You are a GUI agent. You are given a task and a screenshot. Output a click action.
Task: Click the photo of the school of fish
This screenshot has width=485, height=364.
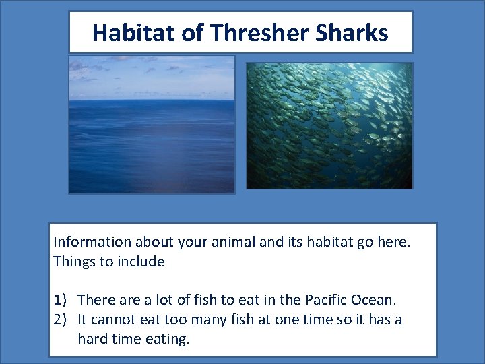[x=329, y=125]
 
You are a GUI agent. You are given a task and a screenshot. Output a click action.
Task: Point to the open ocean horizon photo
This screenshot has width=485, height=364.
[x=152, y=125]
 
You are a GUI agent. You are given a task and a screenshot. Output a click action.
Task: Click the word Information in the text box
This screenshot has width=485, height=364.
[x=92, y=241]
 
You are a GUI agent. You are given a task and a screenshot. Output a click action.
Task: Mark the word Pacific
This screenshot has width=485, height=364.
[x=312, y=299]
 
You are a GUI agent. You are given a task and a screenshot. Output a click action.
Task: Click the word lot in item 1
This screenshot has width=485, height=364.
[x=165, y=299]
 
